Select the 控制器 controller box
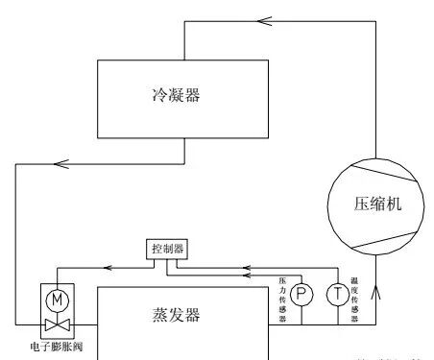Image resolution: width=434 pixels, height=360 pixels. tap(166, 248)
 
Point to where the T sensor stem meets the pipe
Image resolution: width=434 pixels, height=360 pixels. tap(337, 324)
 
